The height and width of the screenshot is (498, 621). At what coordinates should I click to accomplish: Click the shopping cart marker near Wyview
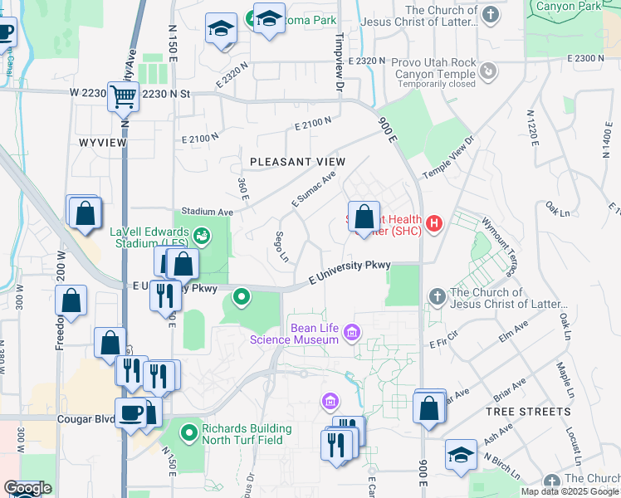pos(123,96)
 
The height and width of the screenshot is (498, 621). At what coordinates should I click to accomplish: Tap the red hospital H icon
pos(433,222)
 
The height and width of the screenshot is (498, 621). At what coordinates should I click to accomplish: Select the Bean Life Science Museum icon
pos(352,333)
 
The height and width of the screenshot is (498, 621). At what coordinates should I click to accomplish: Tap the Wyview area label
pos(102,143)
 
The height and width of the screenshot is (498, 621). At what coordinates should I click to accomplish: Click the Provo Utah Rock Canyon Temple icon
pos(489,72)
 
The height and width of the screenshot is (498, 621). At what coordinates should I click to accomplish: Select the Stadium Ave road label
pos(203,212)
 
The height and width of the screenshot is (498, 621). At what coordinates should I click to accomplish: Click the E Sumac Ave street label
pos(314,189)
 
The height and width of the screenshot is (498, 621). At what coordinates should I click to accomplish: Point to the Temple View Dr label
pos(447,157)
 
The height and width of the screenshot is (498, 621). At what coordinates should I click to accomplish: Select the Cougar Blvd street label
pos(86,419)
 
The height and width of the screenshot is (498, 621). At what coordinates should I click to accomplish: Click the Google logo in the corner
pos(27,489)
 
